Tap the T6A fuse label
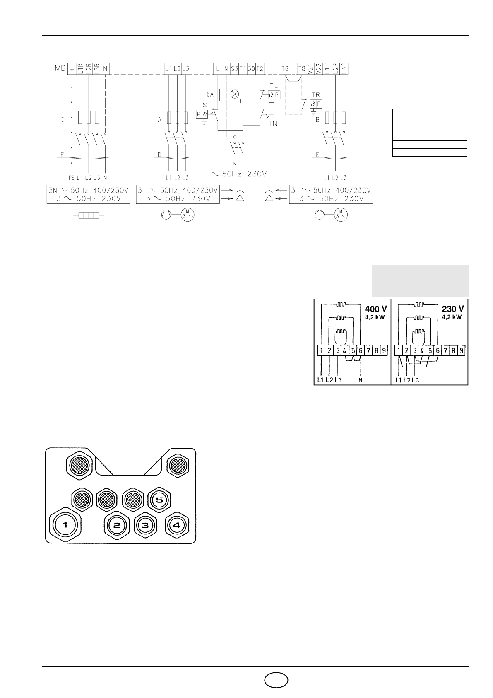tap(208, 94)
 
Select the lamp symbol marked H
tap(235, 94)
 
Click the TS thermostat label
tap(202, 105)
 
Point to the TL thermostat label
tap(274, 86)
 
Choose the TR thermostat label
tap(316, 94)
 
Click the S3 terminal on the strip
tap(235, 68)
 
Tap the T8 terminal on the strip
tap(301, 68)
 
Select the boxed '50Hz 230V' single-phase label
tap(238, 174)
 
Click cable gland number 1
tap(65, 525)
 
